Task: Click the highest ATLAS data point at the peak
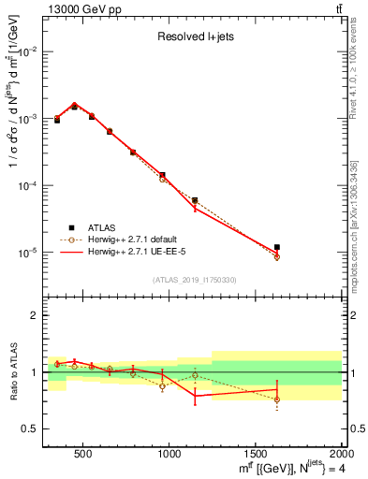tap(74, 107)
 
